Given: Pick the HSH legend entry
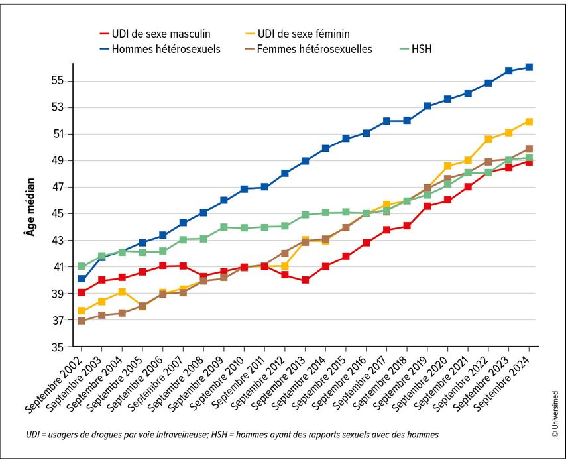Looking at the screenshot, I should pos(422,48).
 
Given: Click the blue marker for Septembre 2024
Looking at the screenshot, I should pos(529,67).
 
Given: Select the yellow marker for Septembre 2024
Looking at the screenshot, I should pos(529,121).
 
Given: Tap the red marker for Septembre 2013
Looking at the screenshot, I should pos(305,280).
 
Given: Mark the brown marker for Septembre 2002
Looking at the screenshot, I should pos(81,321).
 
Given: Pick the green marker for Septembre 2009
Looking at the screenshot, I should pos(224,227).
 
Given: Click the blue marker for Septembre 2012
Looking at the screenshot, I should pos(285,173).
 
